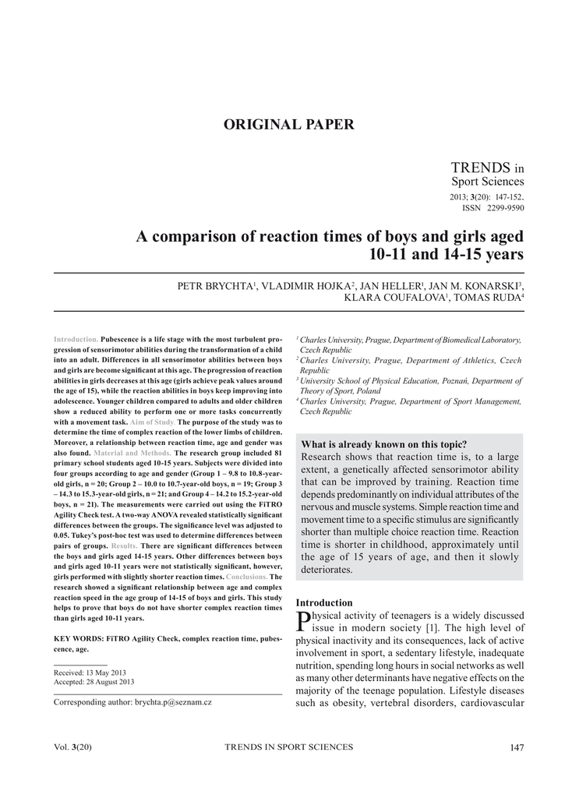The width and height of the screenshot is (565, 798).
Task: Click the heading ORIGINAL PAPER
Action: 289,125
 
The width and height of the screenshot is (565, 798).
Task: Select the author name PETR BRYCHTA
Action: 214,287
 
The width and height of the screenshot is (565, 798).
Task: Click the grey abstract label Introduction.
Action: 76,340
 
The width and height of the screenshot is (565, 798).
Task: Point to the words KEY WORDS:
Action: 78,638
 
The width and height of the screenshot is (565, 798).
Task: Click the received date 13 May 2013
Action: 107,672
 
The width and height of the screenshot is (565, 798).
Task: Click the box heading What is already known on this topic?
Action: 383,444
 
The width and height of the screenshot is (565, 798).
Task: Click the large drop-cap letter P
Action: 303,621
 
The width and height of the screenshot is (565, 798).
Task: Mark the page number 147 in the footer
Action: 516,747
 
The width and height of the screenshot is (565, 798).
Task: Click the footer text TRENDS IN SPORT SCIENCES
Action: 288,747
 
